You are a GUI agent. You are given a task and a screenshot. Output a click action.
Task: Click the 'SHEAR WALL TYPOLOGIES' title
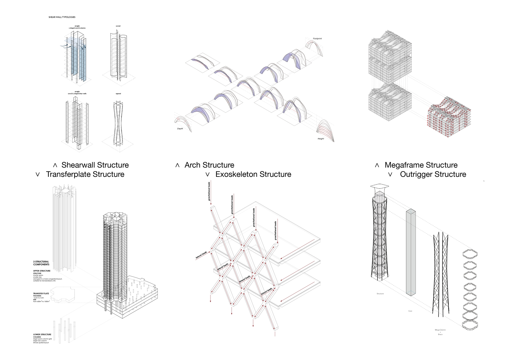pyautogui.click(x=62, y=17)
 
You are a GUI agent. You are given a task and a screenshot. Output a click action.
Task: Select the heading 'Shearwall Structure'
pyautogui.click(x=95, y=165)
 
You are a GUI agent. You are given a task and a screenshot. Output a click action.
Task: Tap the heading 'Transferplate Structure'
pyautogui.click(x=85, y=174)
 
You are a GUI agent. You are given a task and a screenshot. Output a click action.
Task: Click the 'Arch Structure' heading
pyautogui.click(x=209, y=165)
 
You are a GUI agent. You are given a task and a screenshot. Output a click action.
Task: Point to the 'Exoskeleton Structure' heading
pyautogui.click(x=253, y=174)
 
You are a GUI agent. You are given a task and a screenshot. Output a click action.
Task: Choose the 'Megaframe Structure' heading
pyautogui.click(x=421, y=165)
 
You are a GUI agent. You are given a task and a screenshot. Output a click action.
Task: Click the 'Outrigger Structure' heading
pyautogui.click(x=433, y=174)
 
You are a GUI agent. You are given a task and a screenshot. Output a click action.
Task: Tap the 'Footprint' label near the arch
pyautogui.click(x=317, y=39)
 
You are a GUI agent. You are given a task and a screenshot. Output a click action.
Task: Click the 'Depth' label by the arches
pyautogui.click(x=180, y=129)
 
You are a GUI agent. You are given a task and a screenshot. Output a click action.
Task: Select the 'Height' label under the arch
pyautogui.click(x=321, y=139)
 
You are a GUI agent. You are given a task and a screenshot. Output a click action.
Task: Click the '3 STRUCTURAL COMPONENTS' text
pyautogui.click(x=41, y=263)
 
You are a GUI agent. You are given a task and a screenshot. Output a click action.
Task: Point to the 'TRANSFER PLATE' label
pyautogui.click(x=41, y=293)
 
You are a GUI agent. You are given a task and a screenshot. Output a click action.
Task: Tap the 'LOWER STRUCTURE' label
pyautogui.click(x=42, y=335)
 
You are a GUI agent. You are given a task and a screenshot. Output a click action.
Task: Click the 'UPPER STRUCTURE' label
pyautogui.click(x=42, y=271)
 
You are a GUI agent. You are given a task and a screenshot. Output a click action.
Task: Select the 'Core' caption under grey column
pyautogui.click(x=410, y=311)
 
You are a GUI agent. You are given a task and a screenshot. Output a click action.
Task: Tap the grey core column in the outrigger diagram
pyautogui.click(x=411, y=252)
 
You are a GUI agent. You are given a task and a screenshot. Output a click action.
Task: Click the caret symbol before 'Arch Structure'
pyautogui.click(x=177, y=165)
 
